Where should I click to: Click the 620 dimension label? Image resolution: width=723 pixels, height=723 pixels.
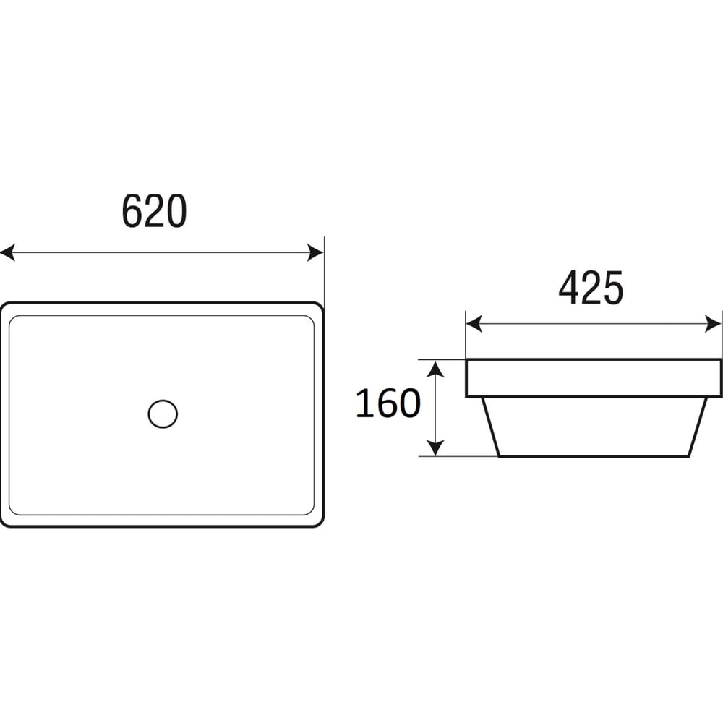(x=154, y=211)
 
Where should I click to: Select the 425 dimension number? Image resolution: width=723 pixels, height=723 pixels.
(x=591, y=288)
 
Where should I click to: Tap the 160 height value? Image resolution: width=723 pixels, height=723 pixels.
(x=388, y=403)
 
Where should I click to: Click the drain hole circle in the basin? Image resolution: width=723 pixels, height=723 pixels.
(x=163, y=414)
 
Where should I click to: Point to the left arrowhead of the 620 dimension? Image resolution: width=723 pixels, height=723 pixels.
(x=7, y=252)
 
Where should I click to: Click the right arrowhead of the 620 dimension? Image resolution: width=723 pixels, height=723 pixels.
(x=315, y=252)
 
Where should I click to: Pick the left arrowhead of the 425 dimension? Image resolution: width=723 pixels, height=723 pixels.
(x=474, y=324)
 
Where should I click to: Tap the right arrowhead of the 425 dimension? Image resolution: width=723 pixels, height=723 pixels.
(x=713, y=324)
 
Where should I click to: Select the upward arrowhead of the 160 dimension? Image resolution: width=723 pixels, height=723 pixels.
(x=435, y=369)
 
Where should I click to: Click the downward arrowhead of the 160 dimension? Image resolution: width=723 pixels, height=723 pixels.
(x=435, y=448)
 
